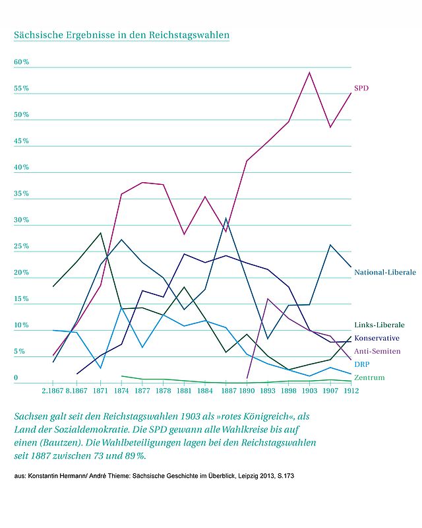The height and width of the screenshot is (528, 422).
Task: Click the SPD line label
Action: point(361,88)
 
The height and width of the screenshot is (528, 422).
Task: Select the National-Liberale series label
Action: point(384,272)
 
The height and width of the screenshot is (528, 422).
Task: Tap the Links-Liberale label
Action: point(379,325)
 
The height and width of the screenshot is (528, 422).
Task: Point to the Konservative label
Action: point(377,338)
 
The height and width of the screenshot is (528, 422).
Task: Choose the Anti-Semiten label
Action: point(378,351)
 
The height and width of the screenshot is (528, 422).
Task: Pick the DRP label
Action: point(361,364)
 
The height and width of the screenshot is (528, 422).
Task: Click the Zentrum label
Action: point(369,378)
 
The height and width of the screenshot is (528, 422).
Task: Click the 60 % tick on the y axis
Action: point(22,62)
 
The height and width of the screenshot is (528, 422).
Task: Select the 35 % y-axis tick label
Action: point(22,194)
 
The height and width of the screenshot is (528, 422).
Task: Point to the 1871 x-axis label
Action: point(100,391)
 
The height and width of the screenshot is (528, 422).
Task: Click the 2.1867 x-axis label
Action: point(52,391)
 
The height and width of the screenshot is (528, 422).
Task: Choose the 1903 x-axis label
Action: point(309,391)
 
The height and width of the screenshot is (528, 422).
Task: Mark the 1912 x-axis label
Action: point(351,391)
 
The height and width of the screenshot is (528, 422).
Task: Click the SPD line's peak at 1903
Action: point(309,72)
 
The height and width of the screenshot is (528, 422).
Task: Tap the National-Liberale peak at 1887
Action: point(226,218)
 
